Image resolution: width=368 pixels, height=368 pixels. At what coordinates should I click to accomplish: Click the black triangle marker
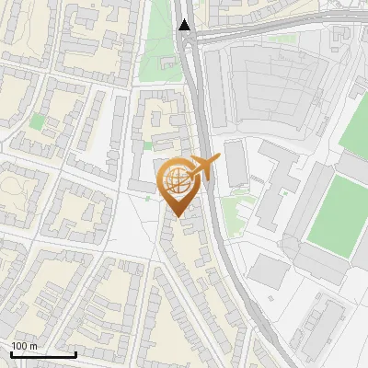point(186,25)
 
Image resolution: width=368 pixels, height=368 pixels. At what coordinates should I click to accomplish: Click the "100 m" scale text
point(24,346)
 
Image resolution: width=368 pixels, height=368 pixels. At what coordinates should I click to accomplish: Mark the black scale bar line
point(43,354)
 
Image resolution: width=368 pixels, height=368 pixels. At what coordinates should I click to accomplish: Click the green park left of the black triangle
point(162,51)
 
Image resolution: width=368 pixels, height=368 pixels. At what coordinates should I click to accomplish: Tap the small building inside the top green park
point(167,64)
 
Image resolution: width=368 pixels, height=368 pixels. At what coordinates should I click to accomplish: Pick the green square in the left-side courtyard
point(37,121)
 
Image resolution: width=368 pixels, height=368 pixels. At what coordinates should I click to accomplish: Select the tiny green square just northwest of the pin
point(148,145)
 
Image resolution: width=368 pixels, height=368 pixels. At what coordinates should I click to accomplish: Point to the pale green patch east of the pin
point(235,212)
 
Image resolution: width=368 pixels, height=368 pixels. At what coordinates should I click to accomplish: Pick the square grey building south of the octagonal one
point(269,270)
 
